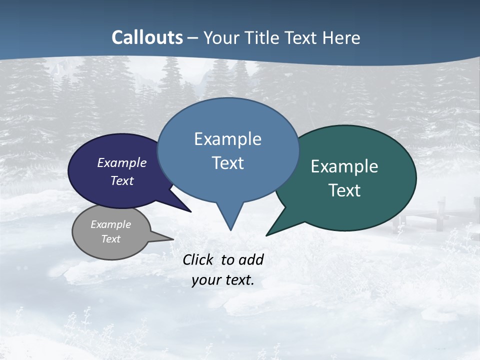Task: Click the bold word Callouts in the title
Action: pos(147,37)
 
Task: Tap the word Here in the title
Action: pos(341,37)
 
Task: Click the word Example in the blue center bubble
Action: pos(227,139)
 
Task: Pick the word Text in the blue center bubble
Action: pos(227,163)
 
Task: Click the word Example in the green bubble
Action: pos(344,166)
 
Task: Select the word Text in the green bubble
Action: pos(344,190)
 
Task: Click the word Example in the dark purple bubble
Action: pos(122,163)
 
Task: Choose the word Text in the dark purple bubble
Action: pos(122,180)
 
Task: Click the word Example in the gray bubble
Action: pos(111,224)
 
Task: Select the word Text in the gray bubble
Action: pos(111,239)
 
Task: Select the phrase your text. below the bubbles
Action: pos(223,280)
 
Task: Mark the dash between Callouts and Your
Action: pos(193,38)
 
